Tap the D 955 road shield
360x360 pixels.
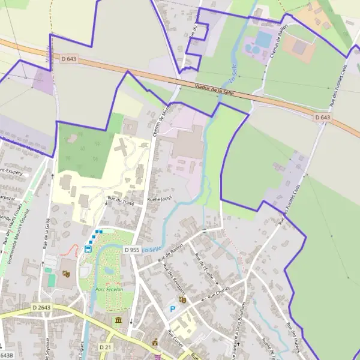pyautogui.click(x=133, y=249)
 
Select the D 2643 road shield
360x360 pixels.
pyautogui.click(x=42, y=308)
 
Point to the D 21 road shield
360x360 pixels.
pyautogui.click(x=104, y=347)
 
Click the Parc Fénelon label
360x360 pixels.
pyautogui.click(x=109, y=290)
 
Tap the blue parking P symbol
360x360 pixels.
pyautogui.click(x=173, y=309)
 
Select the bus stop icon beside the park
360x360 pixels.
pyautogui.click(x=88, y=249)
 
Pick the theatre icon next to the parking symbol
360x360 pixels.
pyautogui.click(x=182, y=299)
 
